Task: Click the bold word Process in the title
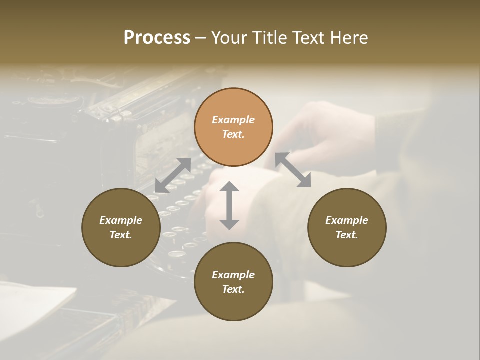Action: coord(157,38)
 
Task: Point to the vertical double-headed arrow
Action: coord(229,205)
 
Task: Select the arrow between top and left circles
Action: coord(173,175)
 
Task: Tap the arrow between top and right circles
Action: coord(293,170)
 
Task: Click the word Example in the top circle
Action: coord(233,120)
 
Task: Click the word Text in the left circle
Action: coord(121,235)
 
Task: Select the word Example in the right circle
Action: coord(347,220)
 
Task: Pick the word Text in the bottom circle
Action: coord(233,289)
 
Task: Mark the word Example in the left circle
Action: coord(121,220)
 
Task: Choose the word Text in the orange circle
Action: coord(233,134)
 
